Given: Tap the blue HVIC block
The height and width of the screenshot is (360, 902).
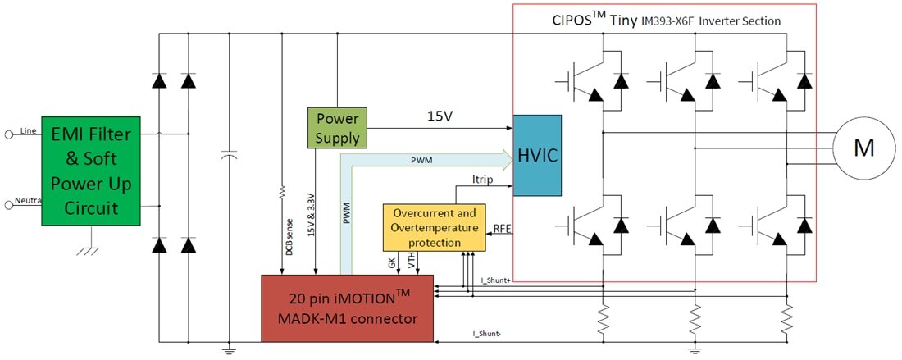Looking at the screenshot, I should (x=537, y=156).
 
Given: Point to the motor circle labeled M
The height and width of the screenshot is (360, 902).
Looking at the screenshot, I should (x=863, y=148).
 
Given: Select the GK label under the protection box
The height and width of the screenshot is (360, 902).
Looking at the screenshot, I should (x=391, y=262).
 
